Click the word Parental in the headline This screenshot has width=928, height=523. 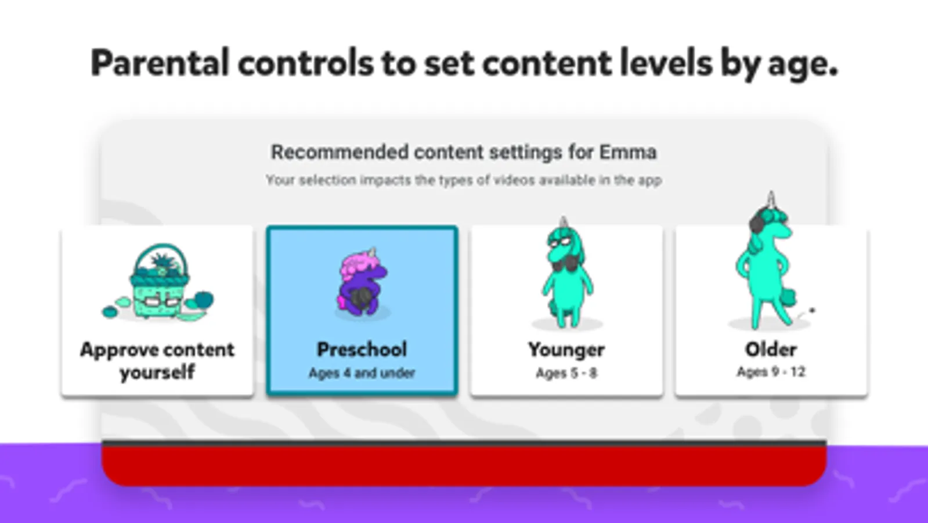click(x=160, y=62)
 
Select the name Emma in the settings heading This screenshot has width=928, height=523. click(x=628, y=152)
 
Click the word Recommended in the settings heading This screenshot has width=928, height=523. click(x=340, y=152)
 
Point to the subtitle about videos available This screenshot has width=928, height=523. click(x=464, y=180)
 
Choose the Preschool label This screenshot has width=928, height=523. click(x=362, y=349)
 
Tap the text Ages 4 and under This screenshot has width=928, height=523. click(x=362, y=373)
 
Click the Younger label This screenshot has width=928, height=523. click(x=566, y=350)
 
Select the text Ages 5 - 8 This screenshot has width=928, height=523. click(x=566, y=373)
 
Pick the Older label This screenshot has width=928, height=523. click(x=771, y=349)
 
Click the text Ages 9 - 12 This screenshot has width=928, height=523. click(x=771, y=371)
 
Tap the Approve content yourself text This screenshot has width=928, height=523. click(x=157, y=361)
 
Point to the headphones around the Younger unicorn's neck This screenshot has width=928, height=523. click(x=566, y=263)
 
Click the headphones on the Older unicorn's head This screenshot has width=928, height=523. click(x=757, y=220)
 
